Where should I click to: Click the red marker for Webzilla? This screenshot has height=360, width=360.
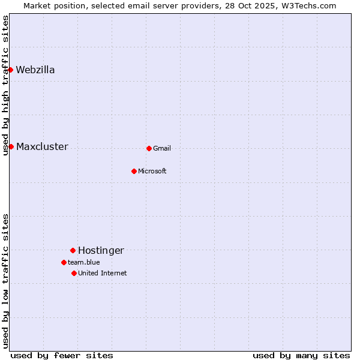[x=10, y=70]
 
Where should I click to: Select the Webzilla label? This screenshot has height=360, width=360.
[x=35, y=70]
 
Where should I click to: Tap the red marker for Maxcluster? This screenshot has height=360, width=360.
[x=11, y=146]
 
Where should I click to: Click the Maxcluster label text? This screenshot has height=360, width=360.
[x=42, y=146]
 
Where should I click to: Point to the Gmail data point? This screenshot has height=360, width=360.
[x=149, y=148]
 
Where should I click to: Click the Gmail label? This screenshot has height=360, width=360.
[x=162, y=148]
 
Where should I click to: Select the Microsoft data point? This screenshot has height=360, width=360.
[x=134, y=171]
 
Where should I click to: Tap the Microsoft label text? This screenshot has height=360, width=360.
[x=152, y=171]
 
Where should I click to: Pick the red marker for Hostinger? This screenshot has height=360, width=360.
[x=73, y=250]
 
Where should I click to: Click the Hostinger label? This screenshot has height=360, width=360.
[x=101, y=250]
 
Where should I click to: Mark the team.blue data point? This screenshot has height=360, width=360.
[x=64, y=262]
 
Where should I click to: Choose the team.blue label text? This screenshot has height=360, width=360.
[x=84, y=262]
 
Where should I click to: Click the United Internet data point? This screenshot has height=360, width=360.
[x=74, y=273]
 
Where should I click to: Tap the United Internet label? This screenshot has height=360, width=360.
[x=103, y=273]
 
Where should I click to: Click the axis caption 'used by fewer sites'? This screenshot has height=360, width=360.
[x=62, y=355]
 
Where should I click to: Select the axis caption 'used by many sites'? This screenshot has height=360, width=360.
[x=301, y=355]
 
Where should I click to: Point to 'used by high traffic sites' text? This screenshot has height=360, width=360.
[x=6, y=85]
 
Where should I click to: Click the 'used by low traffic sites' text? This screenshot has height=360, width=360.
[x=6, y=281]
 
